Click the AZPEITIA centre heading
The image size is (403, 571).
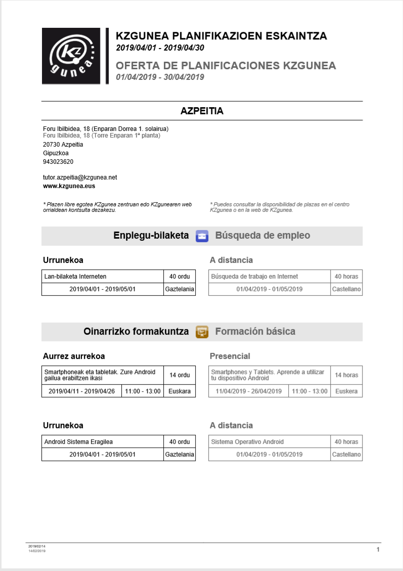pyautogui.click(x=202, y=111)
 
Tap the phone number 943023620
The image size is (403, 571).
pyautogui.click(x=58, y=162)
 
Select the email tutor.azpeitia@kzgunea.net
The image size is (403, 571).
pyautogui.click(x=80, y=178)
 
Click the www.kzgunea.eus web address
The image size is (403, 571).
pyautogui.click(x=69, y=186)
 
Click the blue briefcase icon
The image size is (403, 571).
pyautogui.click(x=202, y=236)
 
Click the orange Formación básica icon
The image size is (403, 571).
pyautogui.click(x=202, y=332)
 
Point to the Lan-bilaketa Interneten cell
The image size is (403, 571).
pyautogui.click(x=103, y=277)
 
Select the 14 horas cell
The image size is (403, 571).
pyautogui.click(x=346, y=375)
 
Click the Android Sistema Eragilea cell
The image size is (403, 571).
pyautogui.click(x=103, y=442)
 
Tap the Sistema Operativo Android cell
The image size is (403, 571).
pyautogui.click(x=270, y=442)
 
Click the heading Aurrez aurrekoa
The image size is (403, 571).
pyautogui.click(x=74, y=356)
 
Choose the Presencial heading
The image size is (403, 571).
pyautogui.click(x=230, y=356)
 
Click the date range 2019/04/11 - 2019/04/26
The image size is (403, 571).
pyautogui.click(x=81, y=391)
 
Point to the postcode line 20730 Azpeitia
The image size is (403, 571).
pyautogui.click(x=63, y=145)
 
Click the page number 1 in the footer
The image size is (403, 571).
pyautogui.click(x=378, y=549)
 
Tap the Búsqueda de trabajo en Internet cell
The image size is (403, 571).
pyautogui.click(x=270, y=277)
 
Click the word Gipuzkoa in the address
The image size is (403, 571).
pyautogui.click(x=56, y=153)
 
